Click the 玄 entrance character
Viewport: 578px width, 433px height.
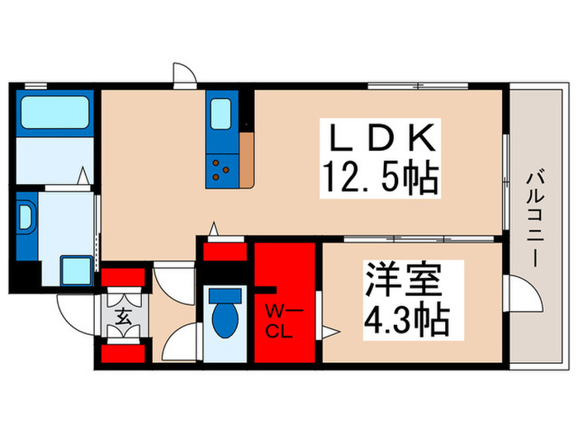click(122, 316)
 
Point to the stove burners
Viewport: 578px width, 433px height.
click(222, 169)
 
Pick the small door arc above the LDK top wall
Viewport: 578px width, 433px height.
click(184, 75)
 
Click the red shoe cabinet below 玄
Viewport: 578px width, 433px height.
click(122, 355)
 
